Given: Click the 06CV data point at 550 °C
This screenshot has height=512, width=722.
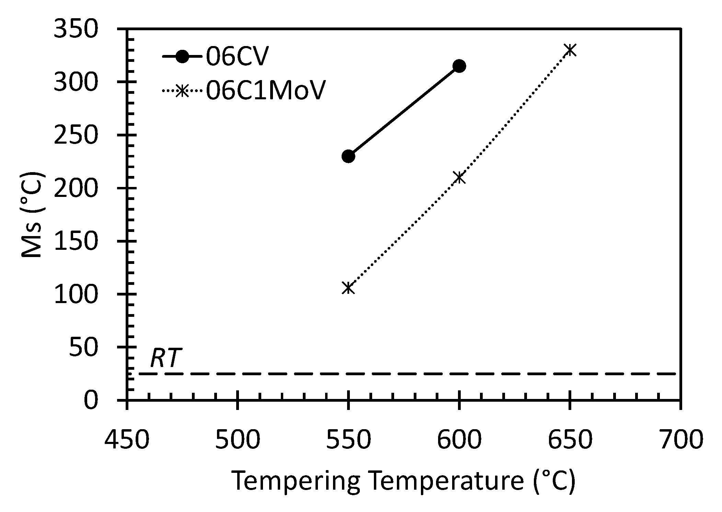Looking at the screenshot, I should (348, 156).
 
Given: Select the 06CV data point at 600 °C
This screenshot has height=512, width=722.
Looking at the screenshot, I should (459, 66).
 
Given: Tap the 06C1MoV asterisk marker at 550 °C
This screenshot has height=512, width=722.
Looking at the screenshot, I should (348, 288).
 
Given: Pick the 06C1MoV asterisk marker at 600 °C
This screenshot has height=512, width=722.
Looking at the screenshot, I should (459, 177).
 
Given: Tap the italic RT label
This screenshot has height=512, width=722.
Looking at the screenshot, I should (165, 358).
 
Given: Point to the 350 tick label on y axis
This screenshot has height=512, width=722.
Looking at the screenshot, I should (76, 30).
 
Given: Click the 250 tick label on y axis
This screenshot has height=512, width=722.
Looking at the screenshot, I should (76, 136).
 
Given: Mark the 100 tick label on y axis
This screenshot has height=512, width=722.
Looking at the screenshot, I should (76, 295).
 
